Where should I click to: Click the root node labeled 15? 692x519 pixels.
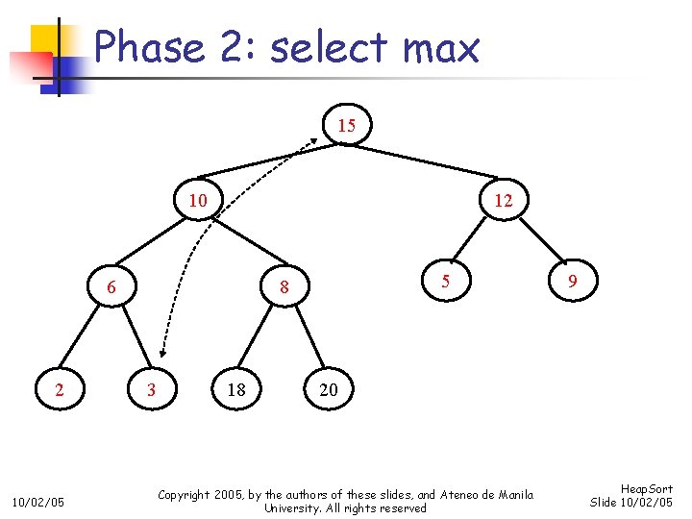coord(347,126)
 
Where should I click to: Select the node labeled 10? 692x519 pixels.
coord(198,201)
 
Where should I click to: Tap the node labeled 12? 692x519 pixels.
coord(503,201)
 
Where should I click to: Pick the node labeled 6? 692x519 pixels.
coord(111,286)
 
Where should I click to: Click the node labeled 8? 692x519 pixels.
coord(284,286)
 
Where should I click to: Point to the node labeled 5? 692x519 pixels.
coord(445,282)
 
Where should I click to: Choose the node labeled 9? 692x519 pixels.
coord(573,282)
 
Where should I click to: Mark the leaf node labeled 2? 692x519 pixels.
coord(60,389)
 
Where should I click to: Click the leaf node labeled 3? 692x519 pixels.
coord(150,389)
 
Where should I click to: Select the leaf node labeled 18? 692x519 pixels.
coord(236,389)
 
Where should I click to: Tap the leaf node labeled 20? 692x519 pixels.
coord(329,389)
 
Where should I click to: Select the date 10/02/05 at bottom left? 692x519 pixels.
coord(37,502)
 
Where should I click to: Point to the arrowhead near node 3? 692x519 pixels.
coord(162,353)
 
